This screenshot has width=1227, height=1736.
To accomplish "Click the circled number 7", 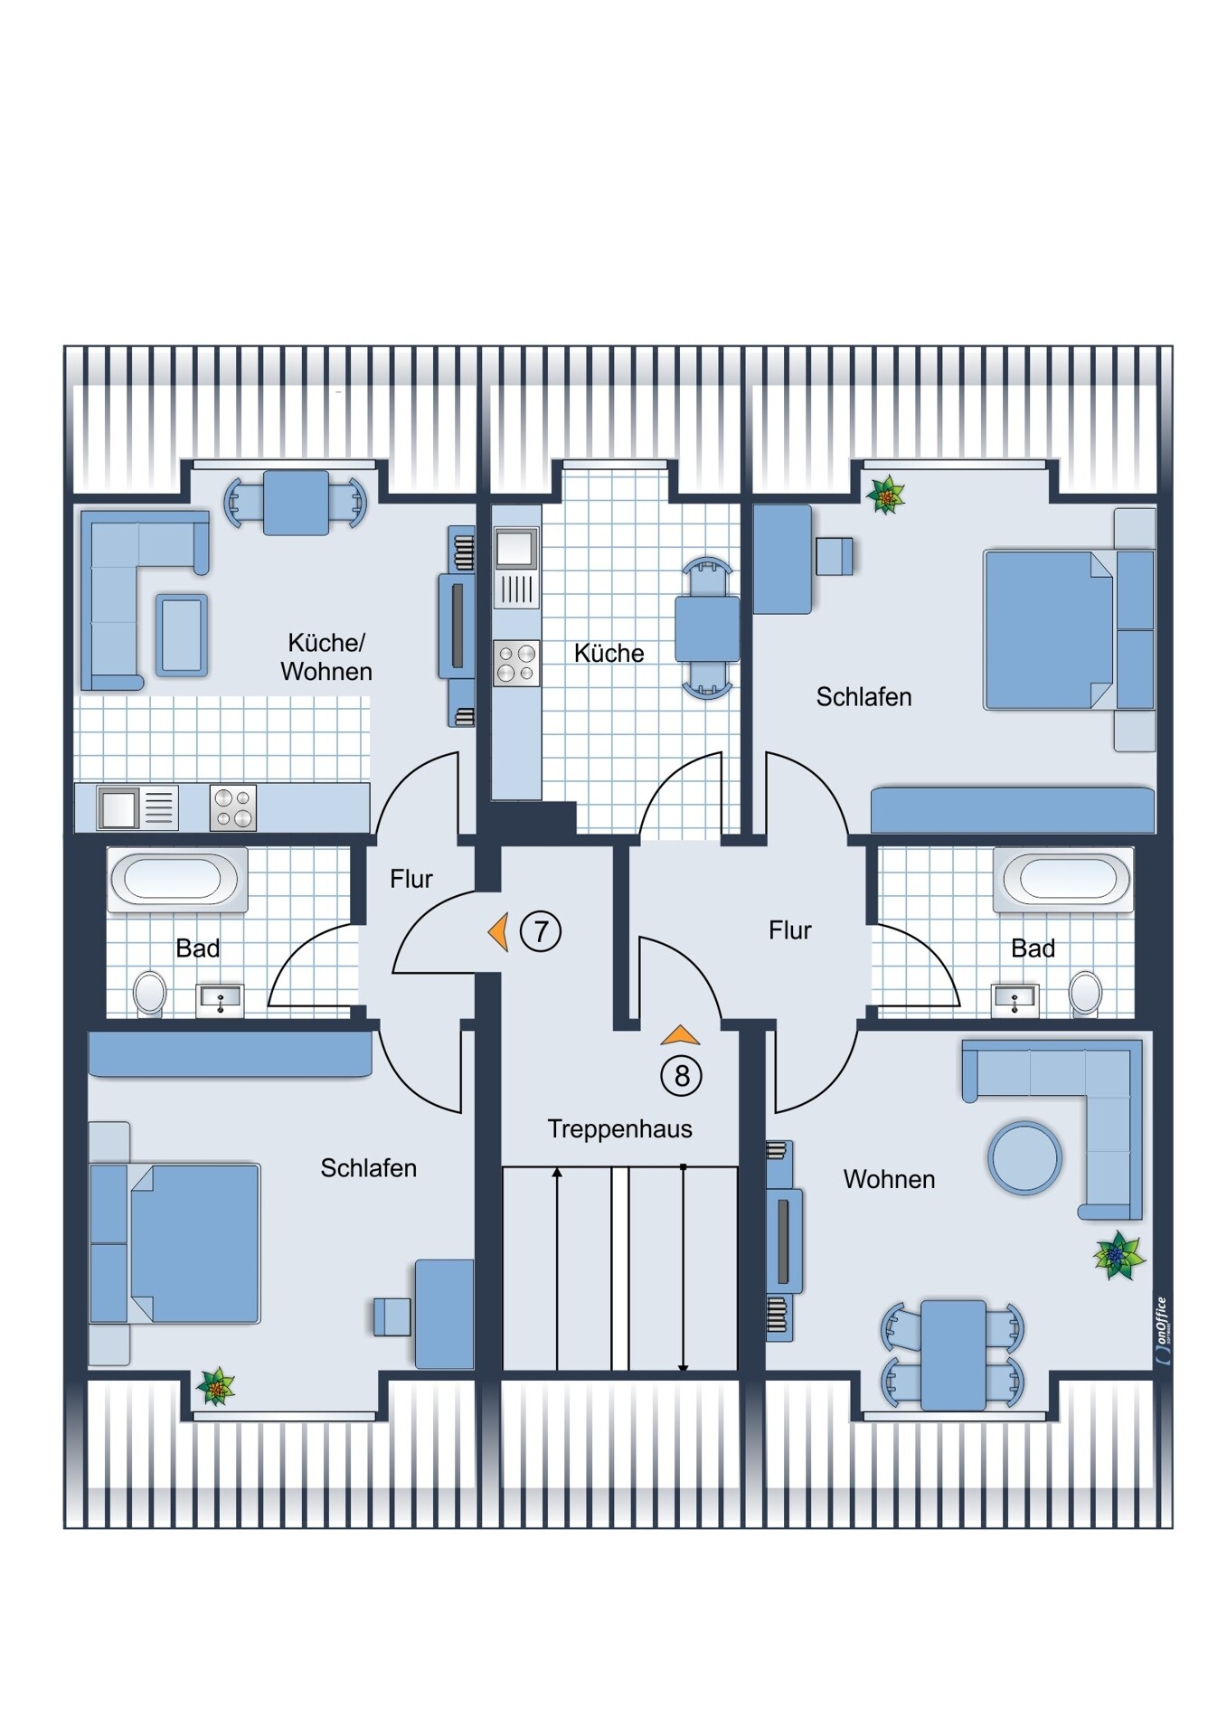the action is point(541,931).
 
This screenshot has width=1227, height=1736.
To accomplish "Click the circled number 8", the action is point(682,1076).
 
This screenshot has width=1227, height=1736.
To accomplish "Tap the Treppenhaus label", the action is point(619,1129).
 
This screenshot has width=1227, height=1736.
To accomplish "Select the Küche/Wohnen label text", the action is point(326,657).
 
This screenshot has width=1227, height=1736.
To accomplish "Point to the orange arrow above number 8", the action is point(680,1036).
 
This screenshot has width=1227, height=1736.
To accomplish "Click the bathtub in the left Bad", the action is point(177,879).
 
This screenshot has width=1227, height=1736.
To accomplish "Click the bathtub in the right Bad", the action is point(1063,879).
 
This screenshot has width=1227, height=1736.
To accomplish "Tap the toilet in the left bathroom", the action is point(150,993).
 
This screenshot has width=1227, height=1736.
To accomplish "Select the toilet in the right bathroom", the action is point(1085,993).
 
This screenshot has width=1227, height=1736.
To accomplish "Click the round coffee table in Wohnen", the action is point(1024,1158).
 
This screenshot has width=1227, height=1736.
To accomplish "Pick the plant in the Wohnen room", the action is point(1119,1255).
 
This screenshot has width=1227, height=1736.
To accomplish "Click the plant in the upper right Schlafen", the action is point(886,495).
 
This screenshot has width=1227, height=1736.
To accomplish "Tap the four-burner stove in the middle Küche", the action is point(516,663).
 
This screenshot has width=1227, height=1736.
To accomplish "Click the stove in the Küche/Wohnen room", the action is point(233,807).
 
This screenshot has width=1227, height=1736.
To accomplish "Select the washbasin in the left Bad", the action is point(220,1000).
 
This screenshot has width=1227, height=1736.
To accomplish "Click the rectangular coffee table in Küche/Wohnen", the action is point(182,636).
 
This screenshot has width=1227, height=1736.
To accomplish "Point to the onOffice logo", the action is point(1162,1331).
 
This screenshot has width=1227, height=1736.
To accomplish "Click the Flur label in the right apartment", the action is point(790,930).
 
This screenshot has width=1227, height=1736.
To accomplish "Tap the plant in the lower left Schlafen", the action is point(216,1386).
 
